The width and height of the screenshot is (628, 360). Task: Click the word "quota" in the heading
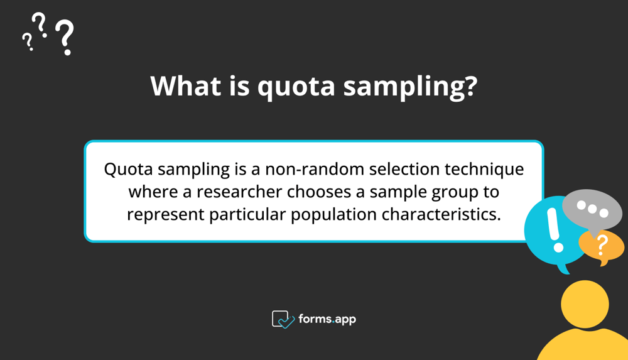[295, 87]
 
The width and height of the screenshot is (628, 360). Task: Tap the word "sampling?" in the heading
[409, 87]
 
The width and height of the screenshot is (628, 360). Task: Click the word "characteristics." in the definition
[441, 214]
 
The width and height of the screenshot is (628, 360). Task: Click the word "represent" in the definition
[165, 214]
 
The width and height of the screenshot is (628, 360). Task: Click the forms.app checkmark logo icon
[283, 319]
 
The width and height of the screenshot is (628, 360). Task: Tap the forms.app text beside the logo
[327, 319]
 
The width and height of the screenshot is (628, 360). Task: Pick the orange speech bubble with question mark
[602, 246]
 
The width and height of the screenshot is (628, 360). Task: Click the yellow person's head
[585, 305]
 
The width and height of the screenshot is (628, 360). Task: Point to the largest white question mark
[65, 37]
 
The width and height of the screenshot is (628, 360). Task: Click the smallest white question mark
[27, 41]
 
